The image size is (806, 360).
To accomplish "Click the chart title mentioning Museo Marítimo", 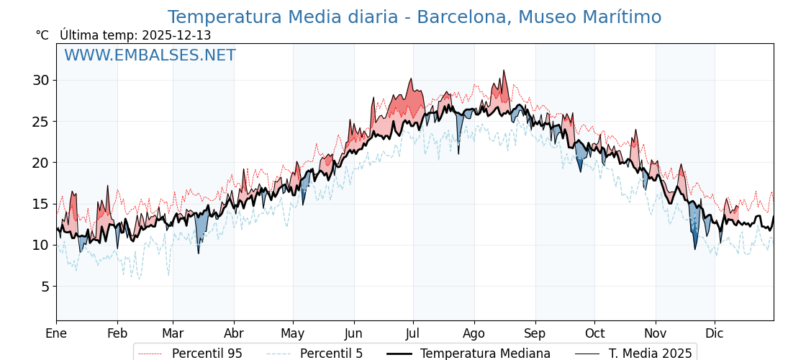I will (x=414, y=17).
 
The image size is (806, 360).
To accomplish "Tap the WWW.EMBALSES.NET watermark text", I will (x=150, y=55).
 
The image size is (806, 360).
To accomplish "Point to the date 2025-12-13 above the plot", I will (x=176, y=35).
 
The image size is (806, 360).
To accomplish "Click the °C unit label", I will (x=42, y=35).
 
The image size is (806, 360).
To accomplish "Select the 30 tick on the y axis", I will (x=40, y=80).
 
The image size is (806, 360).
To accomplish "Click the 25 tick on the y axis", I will (x=40, y=121).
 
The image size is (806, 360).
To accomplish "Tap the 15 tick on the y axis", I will (x=40, y=204).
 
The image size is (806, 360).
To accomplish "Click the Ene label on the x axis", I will (x=56, y=333).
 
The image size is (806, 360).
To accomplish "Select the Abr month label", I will (x=234, y=333).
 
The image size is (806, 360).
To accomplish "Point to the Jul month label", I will (x=413, y=333).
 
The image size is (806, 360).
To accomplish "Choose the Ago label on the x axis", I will (x=474, y=333).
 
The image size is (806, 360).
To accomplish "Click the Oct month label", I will (x=594, y=333).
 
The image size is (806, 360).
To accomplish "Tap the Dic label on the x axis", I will (x=715, y=333).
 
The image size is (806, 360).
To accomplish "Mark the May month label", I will (x=293, y=333).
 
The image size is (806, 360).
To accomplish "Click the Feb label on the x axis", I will (x=117, y=333).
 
